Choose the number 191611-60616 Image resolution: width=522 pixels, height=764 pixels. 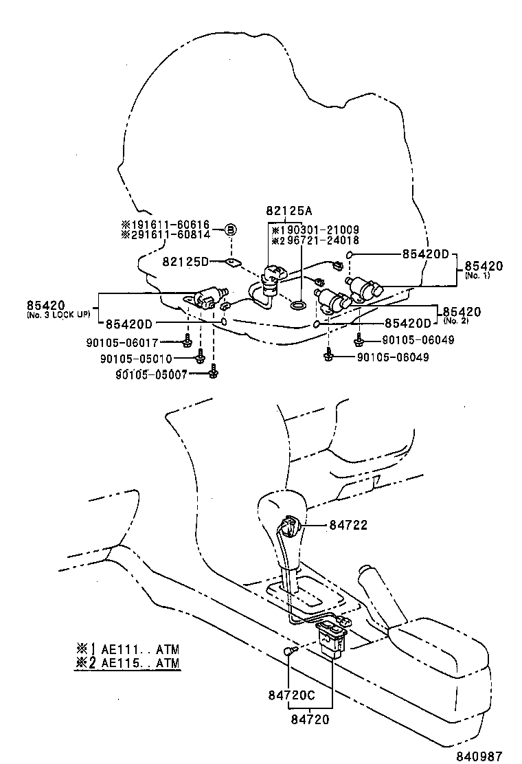coord(170,224)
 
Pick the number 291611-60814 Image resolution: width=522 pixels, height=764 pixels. coord(170,234)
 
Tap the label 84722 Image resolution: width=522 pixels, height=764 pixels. coord(348,525)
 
